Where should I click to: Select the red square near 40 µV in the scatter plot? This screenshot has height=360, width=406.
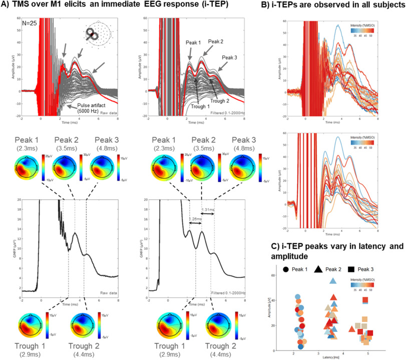pos(365,300)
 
